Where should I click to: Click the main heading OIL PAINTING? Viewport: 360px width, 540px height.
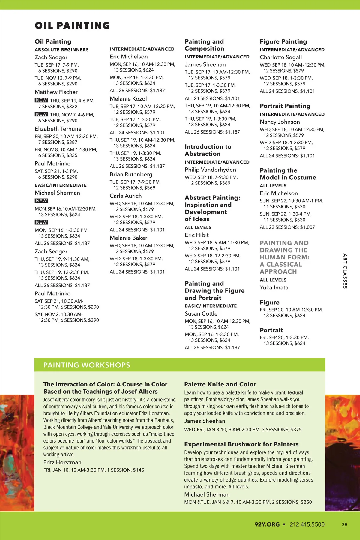point(72,25)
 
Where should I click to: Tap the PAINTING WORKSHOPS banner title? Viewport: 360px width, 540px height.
point(87,365)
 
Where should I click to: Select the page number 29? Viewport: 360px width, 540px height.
point(344,524)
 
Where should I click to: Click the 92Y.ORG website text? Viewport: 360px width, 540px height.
point(267,524)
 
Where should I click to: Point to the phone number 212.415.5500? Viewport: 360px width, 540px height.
point(307,524)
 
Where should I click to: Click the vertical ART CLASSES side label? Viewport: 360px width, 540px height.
point(345,271)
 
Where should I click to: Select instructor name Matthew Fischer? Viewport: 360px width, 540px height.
point(56,92)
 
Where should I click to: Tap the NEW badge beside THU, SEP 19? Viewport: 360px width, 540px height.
point(41,100)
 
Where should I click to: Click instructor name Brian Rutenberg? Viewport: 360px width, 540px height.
point(131,174)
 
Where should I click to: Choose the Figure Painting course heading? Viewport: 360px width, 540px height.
point(283,41)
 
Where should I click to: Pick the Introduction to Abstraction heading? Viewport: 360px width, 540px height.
point(208,150)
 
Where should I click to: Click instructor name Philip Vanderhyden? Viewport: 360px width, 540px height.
point(210,169)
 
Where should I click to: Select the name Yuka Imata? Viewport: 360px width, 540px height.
point(274,287)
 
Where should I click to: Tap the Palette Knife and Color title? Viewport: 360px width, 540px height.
point(220,384)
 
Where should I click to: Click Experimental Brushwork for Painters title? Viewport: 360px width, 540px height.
point(241,444)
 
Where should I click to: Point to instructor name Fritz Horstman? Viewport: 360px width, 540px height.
point(62,462)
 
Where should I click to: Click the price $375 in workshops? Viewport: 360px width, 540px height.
point(296,429)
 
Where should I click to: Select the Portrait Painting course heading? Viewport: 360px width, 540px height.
point(285,106)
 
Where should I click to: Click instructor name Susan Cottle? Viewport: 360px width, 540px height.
point(201,313)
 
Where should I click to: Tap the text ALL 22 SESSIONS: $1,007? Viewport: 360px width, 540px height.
point(287,227)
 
